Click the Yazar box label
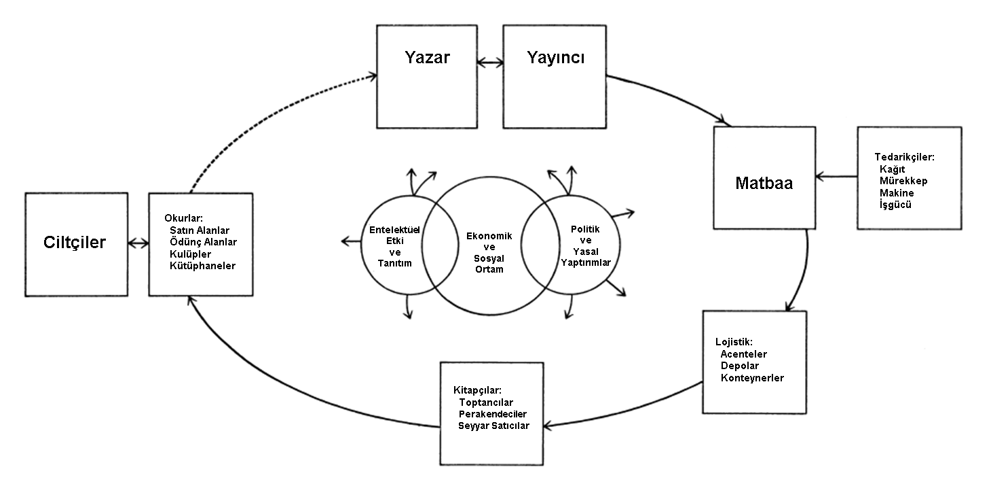click(x=428, y=58)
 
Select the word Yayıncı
click(x=556, y=58)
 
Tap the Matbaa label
click(x=764, y=184)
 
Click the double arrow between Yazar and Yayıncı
click(x=489, y=63)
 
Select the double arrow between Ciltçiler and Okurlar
click(x=138, y=243)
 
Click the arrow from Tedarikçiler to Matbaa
click(x=836, y=177)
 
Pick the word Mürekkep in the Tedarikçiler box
click(x=903, y=181)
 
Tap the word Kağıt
click(x=893, y=169)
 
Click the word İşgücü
click(x=895, y=204)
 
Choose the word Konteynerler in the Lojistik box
click(x=752, y=377)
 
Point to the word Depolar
click(x=740, y=366)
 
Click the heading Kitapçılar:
click(x=477, y=390)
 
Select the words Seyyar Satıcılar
click(x=493, y=426)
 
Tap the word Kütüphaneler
click(x=202, y=265)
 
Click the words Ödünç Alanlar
click(x=203, y=242)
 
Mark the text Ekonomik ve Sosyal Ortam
click(x=489, y=252)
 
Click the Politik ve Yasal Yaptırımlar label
click(x=586, y=245)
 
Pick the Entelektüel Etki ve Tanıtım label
click(x=395, y=246)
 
